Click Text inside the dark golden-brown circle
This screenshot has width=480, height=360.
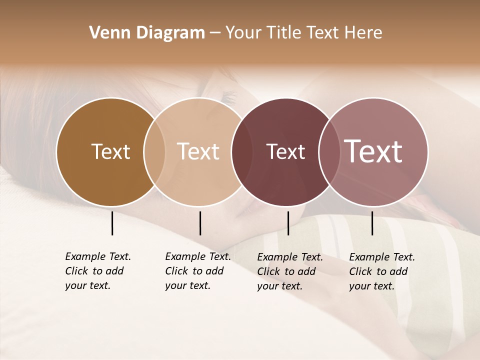(110, 151)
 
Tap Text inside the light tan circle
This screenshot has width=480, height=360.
(198, 151)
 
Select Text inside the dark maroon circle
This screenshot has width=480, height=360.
(285, 151)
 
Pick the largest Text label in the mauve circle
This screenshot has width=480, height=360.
(373, 151)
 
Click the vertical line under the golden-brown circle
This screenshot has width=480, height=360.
(112, 223)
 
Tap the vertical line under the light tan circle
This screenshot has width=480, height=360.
(200, 223)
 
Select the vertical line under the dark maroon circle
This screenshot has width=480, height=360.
(288, 223)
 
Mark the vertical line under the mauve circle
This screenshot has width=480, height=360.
(372, 223)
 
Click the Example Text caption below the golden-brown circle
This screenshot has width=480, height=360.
(97, 271)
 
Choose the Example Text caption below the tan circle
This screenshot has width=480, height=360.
(197, 271)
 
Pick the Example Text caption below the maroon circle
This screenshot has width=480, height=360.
(289, 271)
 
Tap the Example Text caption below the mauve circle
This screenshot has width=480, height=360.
(381, 271)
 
